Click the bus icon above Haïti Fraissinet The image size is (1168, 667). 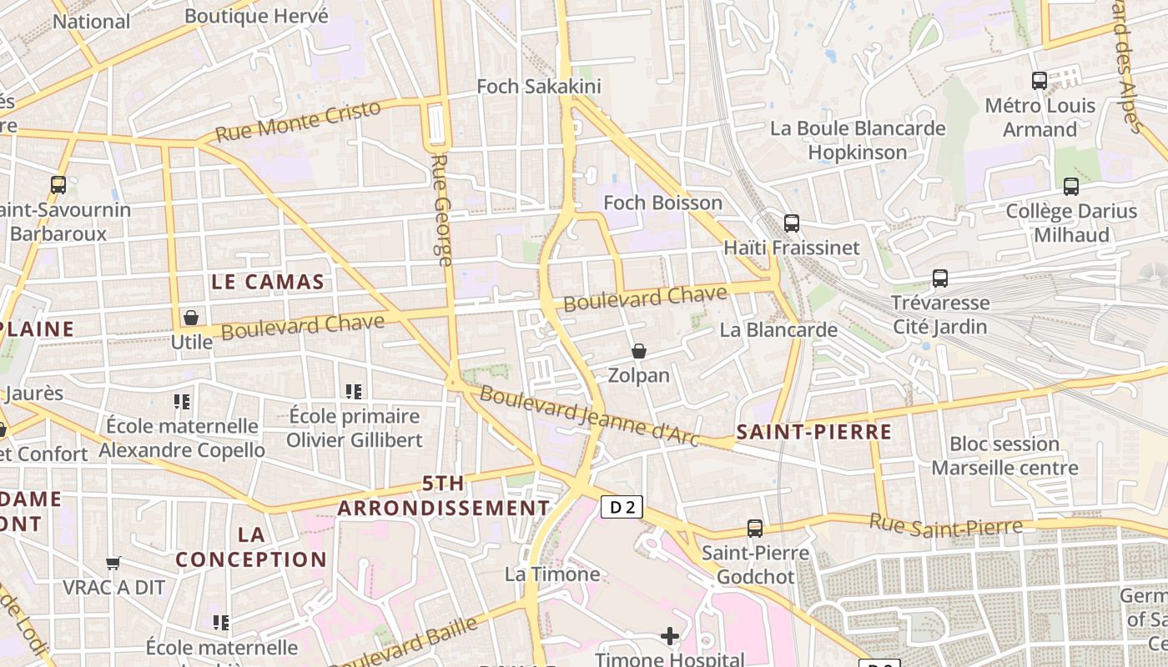[792, 223]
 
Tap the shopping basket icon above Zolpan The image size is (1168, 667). [639, 351]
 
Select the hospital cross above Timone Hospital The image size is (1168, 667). [669, 637]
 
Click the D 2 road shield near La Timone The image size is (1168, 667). [622, 506]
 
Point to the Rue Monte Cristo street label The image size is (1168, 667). [298, 121]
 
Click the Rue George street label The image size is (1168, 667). [441, 210]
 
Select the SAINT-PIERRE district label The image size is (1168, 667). [814, 432]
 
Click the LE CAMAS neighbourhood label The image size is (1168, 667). [267, 282]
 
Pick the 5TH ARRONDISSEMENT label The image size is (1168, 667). [444, 495]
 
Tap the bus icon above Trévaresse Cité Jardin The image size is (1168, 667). [940, 278]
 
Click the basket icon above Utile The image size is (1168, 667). [191, 318]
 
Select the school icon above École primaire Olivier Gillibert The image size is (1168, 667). [354, 391]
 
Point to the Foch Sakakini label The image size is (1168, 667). [538, 87]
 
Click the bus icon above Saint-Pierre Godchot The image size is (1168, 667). [755, 528]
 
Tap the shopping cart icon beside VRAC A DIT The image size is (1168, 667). [113, 563]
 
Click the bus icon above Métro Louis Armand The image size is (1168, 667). [1040, 81]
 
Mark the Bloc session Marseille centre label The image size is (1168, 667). [1004, 455]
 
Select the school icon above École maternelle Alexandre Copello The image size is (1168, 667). [182, 402]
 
